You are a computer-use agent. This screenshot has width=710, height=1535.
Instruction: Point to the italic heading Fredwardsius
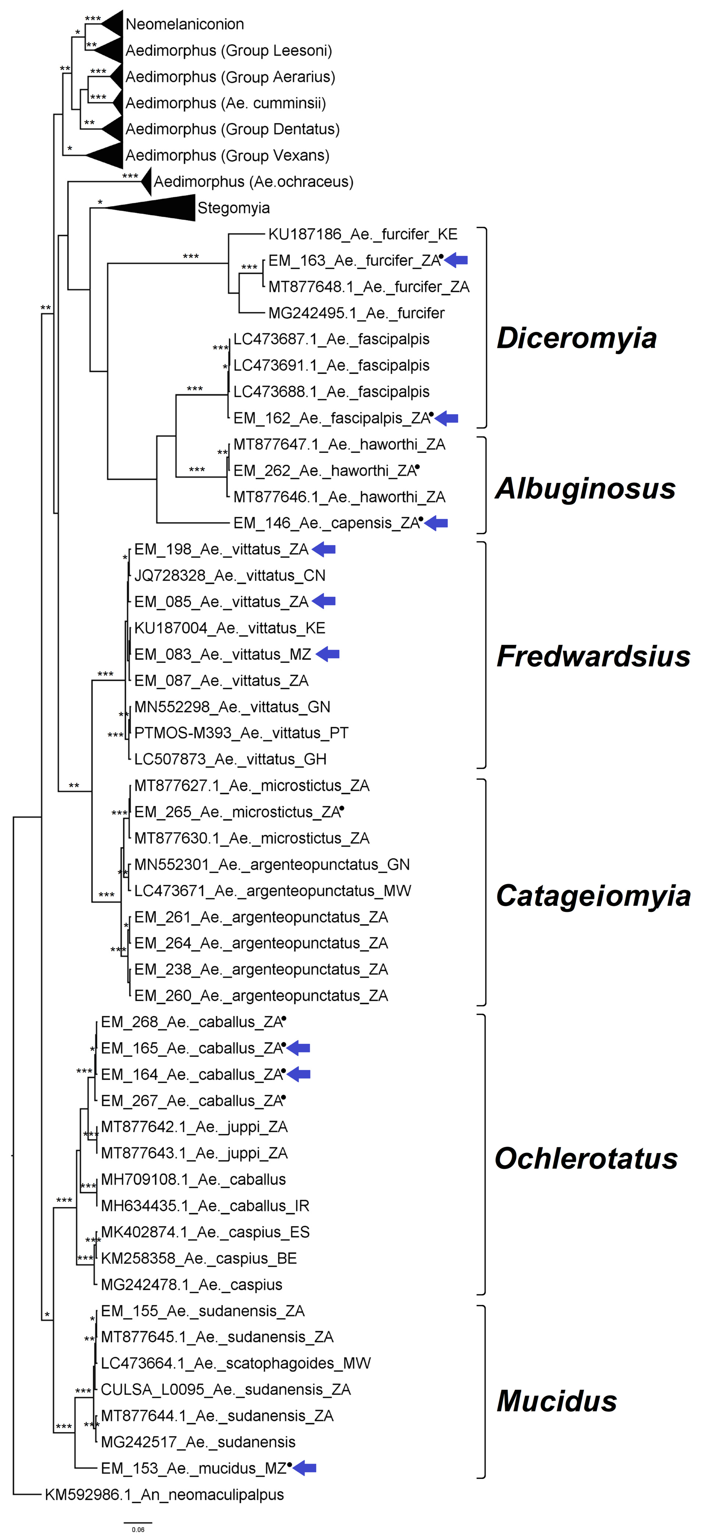point(593,656)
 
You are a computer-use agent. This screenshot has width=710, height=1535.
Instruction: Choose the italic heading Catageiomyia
point(593,896)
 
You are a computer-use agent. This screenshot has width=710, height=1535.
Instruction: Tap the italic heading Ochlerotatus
point(586,1158)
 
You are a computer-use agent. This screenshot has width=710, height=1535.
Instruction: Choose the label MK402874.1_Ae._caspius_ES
point(205,1232)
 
